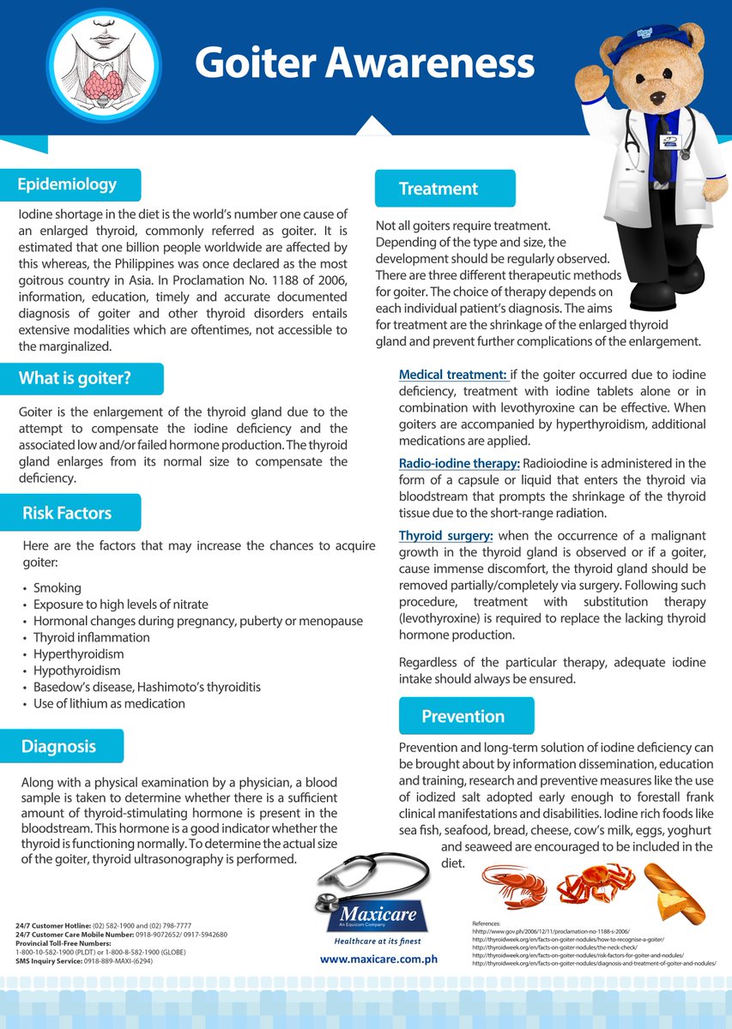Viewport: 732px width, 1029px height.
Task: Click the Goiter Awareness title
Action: [x=364, y=63]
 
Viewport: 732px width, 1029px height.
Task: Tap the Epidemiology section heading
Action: [x=68, y=184]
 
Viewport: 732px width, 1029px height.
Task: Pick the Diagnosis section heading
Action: [x=59, y=746]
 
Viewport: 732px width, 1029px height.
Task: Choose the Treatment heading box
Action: [x=439, y=189]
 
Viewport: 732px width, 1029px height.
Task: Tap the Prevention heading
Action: [x=463, y=716]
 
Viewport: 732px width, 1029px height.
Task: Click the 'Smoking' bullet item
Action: [x=57, y=588]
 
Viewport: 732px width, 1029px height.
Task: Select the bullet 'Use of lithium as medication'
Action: [x=109, y=703]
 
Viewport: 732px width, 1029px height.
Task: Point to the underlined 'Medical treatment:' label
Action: [x=453, y=375]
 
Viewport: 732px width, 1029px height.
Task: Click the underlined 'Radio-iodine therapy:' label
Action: [x=459, y=464]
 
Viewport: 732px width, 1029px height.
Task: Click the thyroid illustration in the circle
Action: [x=103, y=63]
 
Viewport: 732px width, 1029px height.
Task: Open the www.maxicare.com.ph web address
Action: [x=378, y=959]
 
